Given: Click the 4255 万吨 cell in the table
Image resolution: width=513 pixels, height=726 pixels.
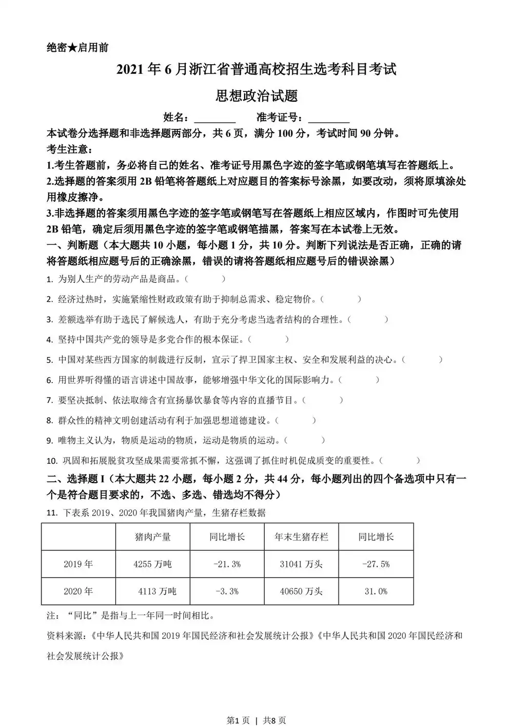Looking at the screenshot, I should coord(152,564).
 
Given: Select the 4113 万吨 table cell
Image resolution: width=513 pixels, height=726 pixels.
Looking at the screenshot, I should coord(157,591).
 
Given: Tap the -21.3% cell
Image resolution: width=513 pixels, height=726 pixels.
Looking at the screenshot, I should coord(227,564).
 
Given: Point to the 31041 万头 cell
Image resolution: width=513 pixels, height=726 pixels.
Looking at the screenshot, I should coord(301,564).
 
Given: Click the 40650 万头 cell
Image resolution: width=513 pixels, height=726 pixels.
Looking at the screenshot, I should coord(301,591).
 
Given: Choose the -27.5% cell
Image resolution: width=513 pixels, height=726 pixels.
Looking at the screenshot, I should coord(376,564).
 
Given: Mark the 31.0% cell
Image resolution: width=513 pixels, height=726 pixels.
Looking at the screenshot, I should coord(376,591).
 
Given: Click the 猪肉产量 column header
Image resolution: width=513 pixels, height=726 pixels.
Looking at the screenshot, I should coord(152,537).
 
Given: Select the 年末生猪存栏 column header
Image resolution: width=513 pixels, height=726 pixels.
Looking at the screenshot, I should coord(301,537).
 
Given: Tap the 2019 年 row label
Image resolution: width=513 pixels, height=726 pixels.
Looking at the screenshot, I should coord(78,564).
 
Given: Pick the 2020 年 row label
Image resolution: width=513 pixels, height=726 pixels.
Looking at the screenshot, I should coord(78,591).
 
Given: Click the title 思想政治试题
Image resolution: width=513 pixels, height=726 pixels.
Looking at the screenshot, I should coord(256,96).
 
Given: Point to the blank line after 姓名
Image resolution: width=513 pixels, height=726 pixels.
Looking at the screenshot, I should coord(215,119).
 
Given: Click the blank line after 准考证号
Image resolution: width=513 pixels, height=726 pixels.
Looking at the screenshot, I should coord(329,119).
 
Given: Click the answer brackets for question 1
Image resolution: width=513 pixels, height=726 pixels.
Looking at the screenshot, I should coord(205,279).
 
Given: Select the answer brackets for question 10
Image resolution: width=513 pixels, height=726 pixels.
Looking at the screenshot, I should coord(400,461).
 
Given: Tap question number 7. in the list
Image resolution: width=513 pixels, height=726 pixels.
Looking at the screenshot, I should coord(50,400).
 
